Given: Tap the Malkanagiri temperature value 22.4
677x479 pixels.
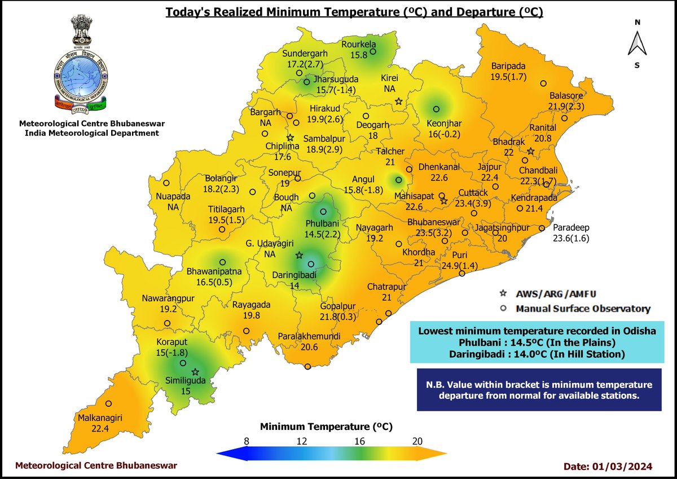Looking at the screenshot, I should pos(100,428).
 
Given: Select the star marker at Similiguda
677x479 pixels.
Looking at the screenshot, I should pos(195,372).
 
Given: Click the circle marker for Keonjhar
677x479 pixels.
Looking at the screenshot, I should pos(436,109).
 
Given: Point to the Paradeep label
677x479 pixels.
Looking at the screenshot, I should pos(571,227).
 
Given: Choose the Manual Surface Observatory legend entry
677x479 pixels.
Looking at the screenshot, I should pos(583,309).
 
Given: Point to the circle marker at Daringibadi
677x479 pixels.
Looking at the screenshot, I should pos(311,264).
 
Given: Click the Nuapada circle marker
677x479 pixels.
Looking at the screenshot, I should pos(166,183).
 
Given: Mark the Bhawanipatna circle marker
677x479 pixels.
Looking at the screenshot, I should pos(223,262).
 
